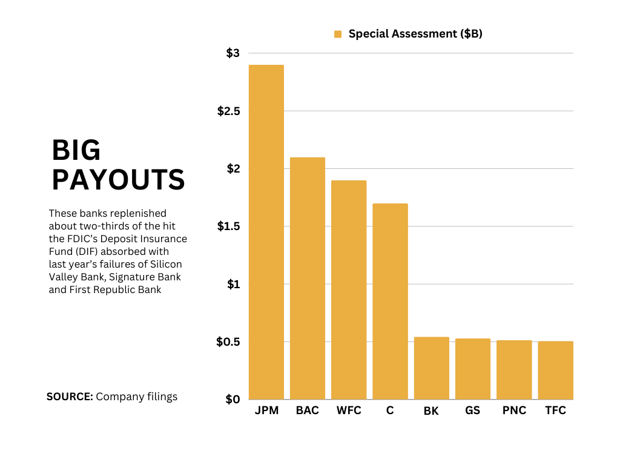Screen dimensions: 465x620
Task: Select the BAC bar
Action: click(x=308, y=279)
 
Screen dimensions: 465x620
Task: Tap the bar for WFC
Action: click(x=349, y=290)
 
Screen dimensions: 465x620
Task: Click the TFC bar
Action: click(x=555, y=371)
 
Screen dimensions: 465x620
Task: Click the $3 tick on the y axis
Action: click(x=232, y=53)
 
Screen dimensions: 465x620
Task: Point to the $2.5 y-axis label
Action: click(x=228, y=111)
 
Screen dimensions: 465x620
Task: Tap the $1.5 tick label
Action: click(x=228, y=226)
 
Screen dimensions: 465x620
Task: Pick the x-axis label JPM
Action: click(x=266, y=411)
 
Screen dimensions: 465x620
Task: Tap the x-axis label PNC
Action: click(x=514, y=411)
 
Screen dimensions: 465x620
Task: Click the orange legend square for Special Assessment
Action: click(x=338, y=35)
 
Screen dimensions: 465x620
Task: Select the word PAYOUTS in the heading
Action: click(x=118, y=179)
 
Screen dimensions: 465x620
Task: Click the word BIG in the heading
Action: click(x=76, y=150)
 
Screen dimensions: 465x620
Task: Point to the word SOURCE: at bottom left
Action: click(x=70, y=397)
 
